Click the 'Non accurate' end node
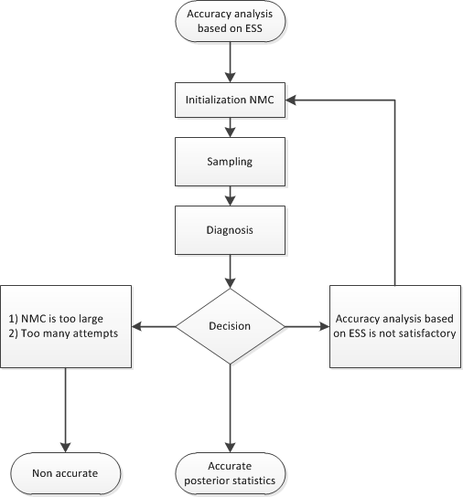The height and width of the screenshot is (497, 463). pos(66,473)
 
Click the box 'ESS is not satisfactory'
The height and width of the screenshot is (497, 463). pos(394,325)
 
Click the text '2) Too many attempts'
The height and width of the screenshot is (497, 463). pos(60,333)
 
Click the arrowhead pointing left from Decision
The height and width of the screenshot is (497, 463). pos(138,325)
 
